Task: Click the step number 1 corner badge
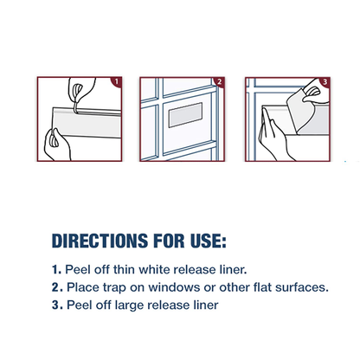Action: pos(117,81)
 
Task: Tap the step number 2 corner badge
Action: pos(220,81)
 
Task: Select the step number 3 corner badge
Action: pos(325,81)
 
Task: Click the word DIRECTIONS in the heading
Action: pos(100,241)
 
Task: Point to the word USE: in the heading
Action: pos(209,241)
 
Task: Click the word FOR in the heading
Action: pos(169,241)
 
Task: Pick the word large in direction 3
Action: pos(128,305)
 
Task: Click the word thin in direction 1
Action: pos(124,270)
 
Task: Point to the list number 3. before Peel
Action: pos(57,305)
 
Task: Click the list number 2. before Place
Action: pos(57,287)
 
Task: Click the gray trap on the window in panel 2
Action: pos(185,115)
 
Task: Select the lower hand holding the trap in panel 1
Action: pos(57,145)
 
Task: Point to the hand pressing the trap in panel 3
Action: pos(274,136)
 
